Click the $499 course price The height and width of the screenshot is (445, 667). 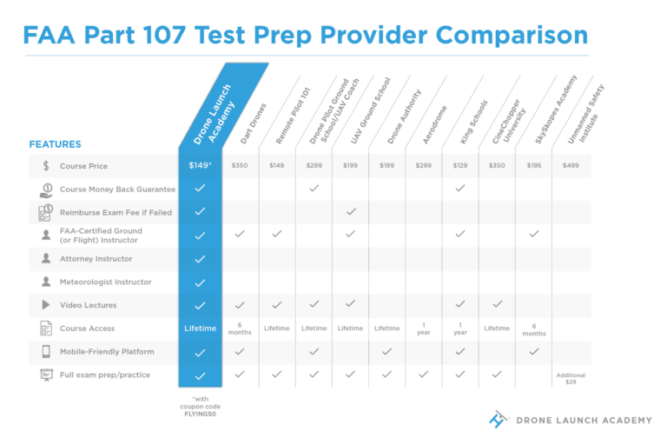tap(571, 165)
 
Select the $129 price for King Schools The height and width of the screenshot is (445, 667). tap(460, 165)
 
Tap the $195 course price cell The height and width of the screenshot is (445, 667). tap(533, 165)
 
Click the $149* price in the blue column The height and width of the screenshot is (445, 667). tap(200, 165)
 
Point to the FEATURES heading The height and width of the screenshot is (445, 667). tap(56, 144)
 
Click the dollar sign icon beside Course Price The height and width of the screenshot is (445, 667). tap(45, 165)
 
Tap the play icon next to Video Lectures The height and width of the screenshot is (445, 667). tap(45, 305)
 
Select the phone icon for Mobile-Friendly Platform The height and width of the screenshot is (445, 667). tap(45, 352)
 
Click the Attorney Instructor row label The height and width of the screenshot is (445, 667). tap(96, 259)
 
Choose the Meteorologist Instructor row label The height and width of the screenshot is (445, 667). tap(105, 282)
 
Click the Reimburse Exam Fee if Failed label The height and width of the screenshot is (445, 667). tap(116, 212)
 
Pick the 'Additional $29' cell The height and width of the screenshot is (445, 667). tap(571, 379)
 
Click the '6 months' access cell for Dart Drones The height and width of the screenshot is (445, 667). tap(240, 329)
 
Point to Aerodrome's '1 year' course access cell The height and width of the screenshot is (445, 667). tap(424, 329)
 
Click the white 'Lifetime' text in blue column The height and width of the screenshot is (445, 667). tap(200, 329)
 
